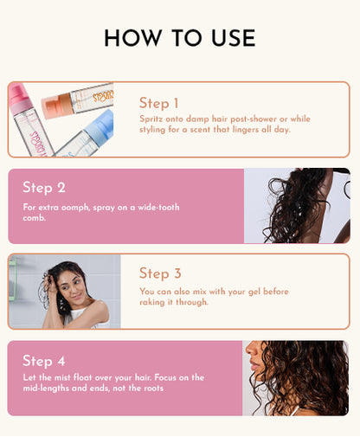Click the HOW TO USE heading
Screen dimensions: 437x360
point(179,38)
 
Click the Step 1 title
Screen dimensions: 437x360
point(159,103)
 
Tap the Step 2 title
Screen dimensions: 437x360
point(43,187)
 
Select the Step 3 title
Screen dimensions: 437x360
point(160,273)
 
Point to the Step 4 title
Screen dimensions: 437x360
point(43,360)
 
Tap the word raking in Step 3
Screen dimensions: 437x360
point(154,302)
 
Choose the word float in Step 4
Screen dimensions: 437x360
point(88,378)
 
